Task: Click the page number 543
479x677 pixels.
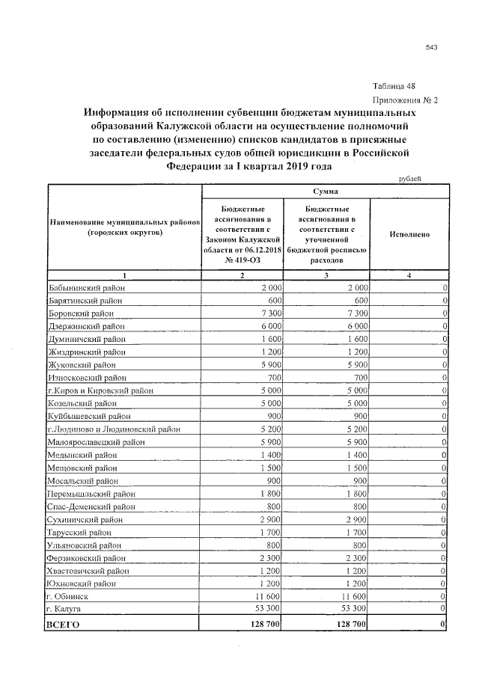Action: click(431, 47)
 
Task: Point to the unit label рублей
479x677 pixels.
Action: click(409, 178)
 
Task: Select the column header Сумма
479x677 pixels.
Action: click(325, 192)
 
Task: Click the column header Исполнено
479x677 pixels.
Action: click(409, 234)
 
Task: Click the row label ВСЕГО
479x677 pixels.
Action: click(63, 623)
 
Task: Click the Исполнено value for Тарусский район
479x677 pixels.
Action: click(445, 532)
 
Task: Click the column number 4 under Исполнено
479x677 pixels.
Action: click(409, 276)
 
